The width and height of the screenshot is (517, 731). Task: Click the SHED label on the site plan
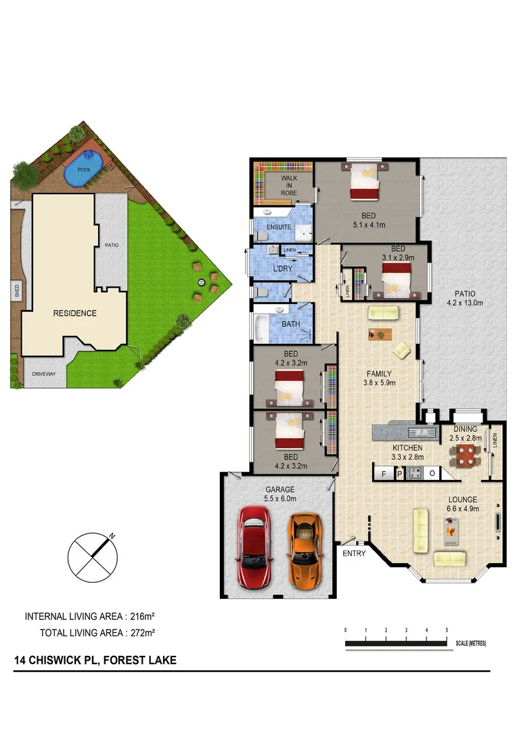16,291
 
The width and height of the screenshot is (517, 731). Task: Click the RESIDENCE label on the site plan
75,313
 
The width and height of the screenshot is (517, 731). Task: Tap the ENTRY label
354,554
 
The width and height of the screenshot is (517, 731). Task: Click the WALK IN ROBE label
290,184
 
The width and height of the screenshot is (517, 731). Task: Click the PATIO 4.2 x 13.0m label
464,298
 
